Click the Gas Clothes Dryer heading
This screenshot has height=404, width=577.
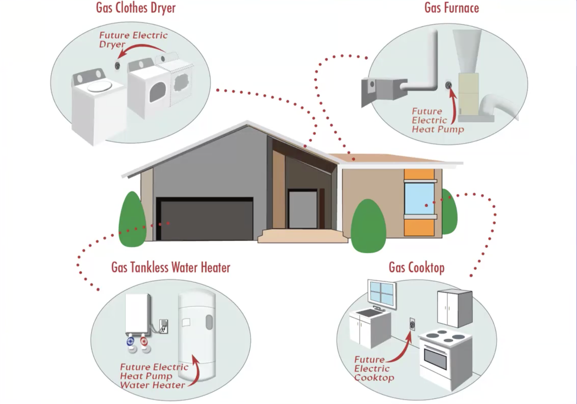click(136, 8)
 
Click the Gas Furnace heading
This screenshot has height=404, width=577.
click(451, 8)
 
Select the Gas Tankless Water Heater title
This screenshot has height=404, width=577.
click(171, 267)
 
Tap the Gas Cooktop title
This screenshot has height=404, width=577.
click(416, 267)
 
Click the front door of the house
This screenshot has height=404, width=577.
click(302, 210)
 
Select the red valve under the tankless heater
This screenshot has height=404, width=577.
click(144, 341)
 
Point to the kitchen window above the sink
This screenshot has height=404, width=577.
click(382, 294)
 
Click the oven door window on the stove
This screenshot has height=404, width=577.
click(435, 358)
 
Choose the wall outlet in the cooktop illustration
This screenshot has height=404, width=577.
click(412, 324)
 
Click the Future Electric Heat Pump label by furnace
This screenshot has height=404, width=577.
click(437, 120)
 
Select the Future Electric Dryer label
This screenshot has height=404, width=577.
click(133, 39)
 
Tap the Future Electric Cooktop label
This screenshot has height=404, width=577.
click(374, 369)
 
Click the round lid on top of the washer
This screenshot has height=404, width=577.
click(99, 86)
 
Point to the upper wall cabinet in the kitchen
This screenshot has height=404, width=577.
click(455, 308)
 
